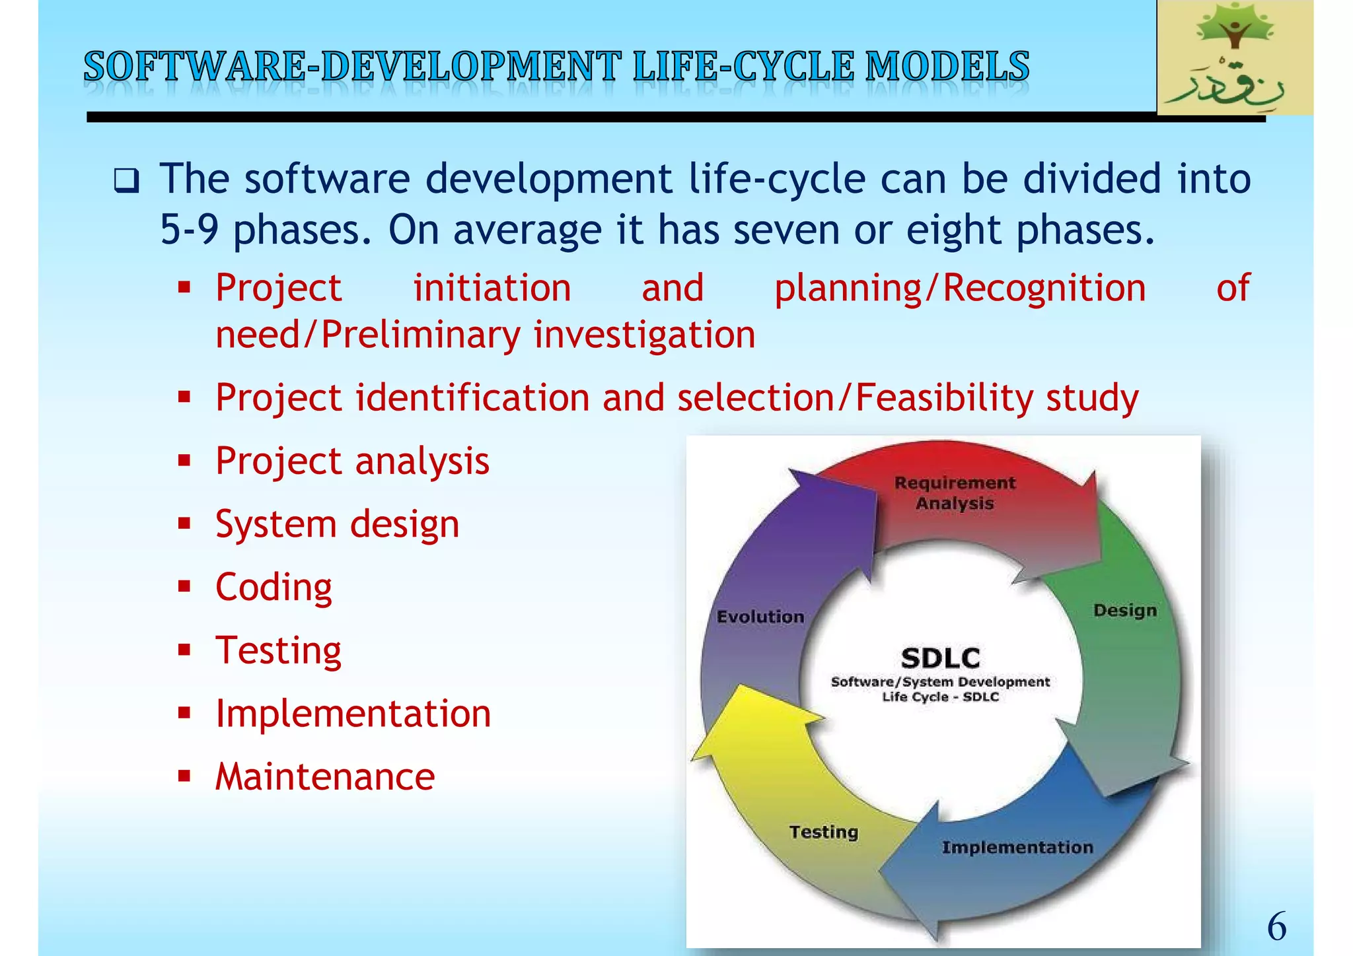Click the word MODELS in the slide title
tap(947, 67)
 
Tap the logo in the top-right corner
tap(1234, 58)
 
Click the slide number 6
tap(1276, 926)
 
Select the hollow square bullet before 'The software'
tap(126, 180)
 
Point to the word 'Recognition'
tap(1044, 288)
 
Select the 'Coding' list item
tap(274, 587)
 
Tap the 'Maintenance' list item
tap(325, 776)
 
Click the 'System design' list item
tap(337, 524)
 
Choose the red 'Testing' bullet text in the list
tap(278, 650)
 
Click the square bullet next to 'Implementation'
tap(184, 713)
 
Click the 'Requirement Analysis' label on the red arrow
tap(955, 493)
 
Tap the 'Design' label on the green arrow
tap(1124, 610)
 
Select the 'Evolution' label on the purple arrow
tap(760, 617)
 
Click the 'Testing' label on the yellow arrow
tap(823, 832)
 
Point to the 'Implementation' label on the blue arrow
tap(1017, 847)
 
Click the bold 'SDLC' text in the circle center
tap(940, 658)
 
